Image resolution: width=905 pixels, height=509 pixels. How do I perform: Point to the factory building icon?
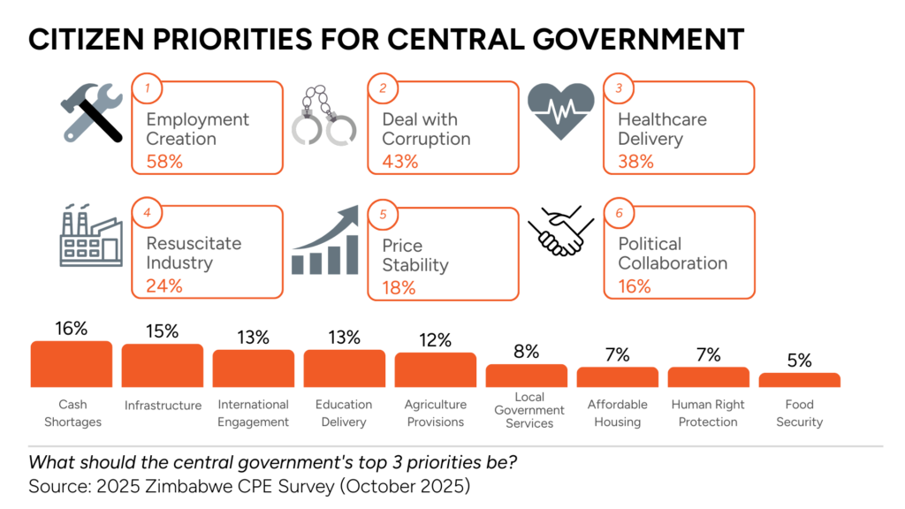[90, 236]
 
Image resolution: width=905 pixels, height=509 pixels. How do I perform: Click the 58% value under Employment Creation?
[164, 161]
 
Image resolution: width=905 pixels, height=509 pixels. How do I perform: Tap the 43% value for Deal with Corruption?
[400, 161]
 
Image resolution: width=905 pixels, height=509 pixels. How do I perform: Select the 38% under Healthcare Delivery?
[635, 161]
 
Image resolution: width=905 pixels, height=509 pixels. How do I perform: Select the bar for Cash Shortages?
[72, 364]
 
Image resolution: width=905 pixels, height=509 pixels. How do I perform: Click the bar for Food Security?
[799, 380]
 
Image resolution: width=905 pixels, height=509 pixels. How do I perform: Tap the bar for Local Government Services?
[527, 376]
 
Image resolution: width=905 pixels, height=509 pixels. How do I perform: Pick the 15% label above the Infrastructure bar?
[163, 331]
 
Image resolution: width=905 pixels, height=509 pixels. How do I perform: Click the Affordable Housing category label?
[618, 413]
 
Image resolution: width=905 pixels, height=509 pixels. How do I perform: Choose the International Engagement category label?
[254, 413]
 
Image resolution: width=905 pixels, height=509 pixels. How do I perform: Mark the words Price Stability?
[415, 255]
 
